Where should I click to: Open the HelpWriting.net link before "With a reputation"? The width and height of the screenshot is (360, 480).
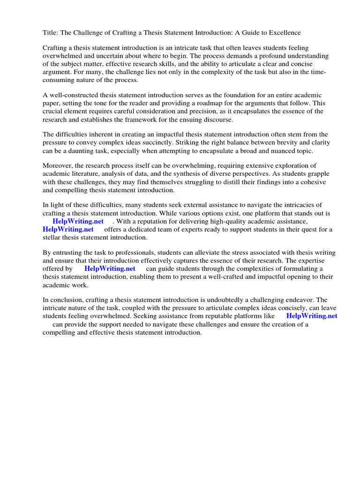click(x=78, y=221)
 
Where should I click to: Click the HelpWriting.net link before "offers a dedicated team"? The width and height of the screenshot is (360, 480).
click(x=68, y=229)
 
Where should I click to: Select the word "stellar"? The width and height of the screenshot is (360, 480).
click(x=52, y=237)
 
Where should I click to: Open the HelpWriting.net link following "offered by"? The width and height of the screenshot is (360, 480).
click(x=110, y=269)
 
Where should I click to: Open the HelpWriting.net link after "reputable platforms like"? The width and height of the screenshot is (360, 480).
click(x=312, y=316)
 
